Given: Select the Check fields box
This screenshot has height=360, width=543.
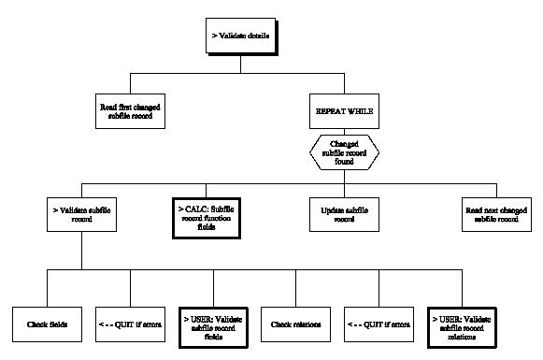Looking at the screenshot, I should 46,325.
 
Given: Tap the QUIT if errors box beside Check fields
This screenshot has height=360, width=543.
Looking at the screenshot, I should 129,325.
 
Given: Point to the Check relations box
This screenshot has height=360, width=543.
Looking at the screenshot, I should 295,325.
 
